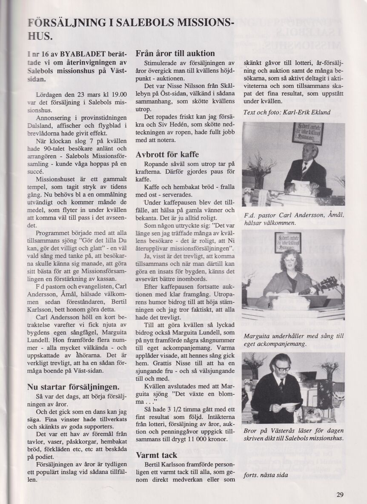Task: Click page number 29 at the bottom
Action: (339, 494)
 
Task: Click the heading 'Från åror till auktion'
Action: (175, 54)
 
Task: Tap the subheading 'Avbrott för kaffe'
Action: (167, 154)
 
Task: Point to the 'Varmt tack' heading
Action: (157, 455)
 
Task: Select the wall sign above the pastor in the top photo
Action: (308, 133)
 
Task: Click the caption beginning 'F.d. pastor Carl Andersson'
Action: (293, 219)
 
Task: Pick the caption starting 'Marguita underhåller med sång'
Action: (293, 340)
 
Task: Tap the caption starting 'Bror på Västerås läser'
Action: (293, 434)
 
